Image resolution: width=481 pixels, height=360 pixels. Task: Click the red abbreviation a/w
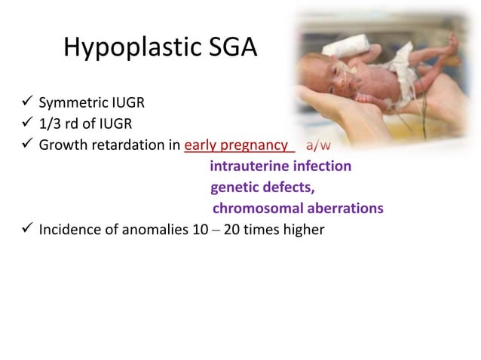(317, 145)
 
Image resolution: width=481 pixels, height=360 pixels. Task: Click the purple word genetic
(234, 187)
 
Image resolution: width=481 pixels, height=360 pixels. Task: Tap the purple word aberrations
(346, 208)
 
